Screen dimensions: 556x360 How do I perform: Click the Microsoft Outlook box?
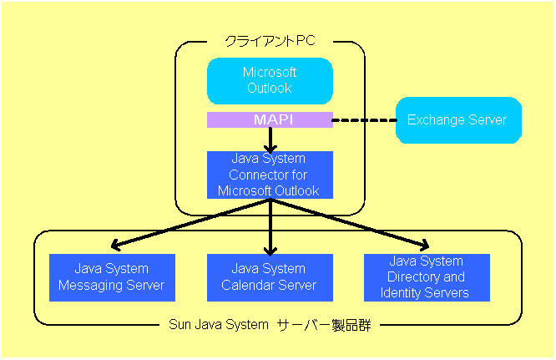[270, 81]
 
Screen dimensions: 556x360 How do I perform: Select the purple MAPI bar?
[270, 119]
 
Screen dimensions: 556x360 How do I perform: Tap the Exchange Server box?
[458, 120]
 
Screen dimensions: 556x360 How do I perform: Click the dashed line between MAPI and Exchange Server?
[364, 120]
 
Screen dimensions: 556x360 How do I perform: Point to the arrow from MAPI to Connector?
[270, 140]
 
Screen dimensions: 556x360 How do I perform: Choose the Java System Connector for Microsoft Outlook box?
[270, 175]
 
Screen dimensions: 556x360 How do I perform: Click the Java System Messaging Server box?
[112, 277]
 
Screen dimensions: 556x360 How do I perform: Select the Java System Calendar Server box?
[270, 277]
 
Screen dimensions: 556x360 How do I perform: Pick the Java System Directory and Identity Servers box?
[427, 277]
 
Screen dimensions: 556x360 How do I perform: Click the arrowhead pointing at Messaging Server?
[115, 245]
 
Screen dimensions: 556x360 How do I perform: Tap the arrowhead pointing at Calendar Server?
[270, 251]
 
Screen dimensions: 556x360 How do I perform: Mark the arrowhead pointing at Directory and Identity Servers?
[425, 245]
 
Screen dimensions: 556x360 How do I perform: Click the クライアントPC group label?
[270, 41]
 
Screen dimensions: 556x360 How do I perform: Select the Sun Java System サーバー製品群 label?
[270, 325]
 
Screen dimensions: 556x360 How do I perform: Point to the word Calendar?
[245, 285]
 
